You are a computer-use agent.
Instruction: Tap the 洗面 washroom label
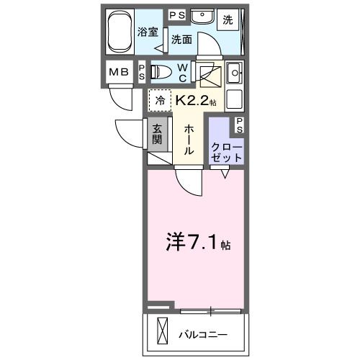(181, 40)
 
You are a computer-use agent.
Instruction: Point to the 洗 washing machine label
(228, 21)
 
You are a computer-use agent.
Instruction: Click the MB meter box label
(117, 73)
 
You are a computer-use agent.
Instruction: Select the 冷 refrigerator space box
(159, 102)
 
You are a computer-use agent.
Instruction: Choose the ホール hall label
(189, 139)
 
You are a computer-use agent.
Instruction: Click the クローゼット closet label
(227, 148)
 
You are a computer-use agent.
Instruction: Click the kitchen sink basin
(234, 73)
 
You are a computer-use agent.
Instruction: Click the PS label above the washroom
(176, 14)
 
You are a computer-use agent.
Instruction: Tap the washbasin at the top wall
(202, 15)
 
